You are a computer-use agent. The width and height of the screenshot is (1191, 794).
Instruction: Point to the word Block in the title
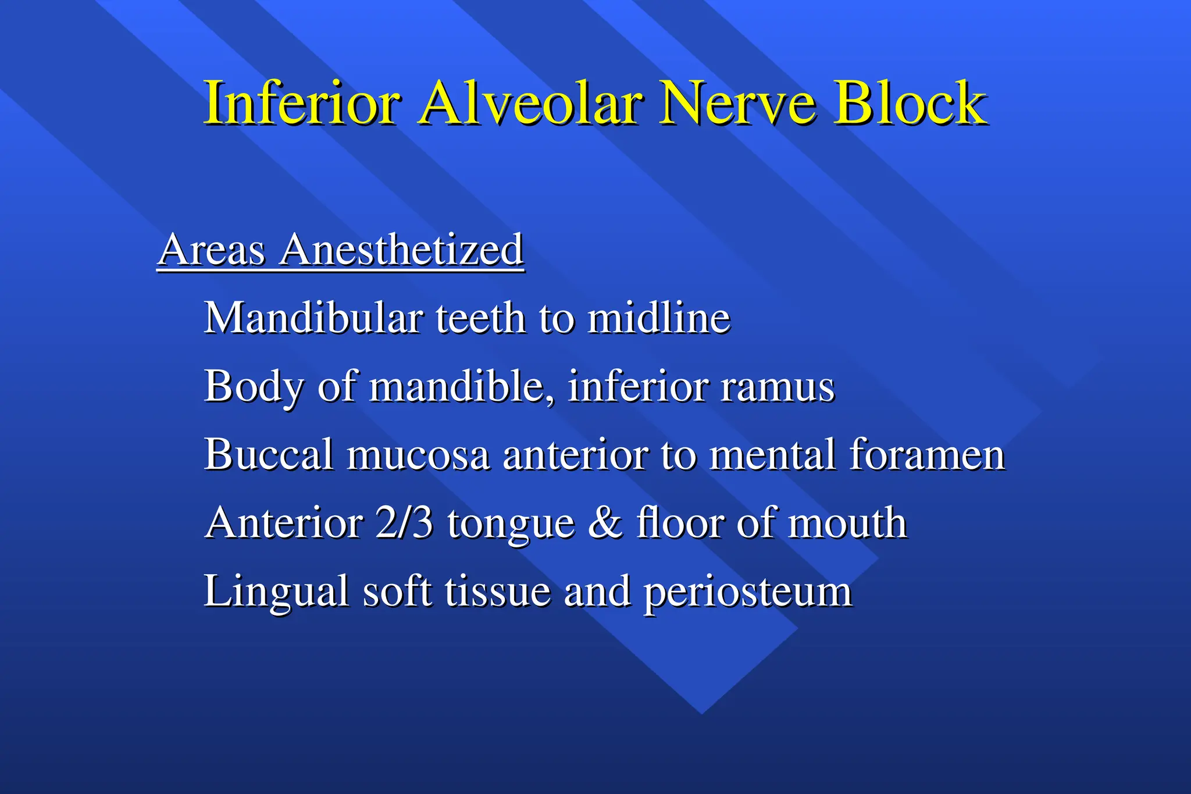pos(911,104)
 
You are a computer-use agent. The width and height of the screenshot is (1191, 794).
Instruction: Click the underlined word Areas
pos(212,250)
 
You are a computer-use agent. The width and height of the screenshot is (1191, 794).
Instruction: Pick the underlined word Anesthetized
pos(402,250)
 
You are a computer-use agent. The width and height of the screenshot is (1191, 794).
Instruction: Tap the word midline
pos(658,318)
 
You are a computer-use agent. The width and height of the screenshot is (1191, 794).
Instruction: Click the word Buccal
pos(269,454)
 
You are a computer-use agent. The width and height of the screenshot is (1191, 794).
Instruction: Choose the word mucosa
pos(418,455)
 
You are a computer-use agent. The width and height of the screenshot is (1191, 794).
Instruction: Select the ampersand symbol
pos(605,522)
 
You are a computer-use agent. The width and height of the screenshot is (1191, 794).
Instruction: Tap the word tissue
pos(497,591)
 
